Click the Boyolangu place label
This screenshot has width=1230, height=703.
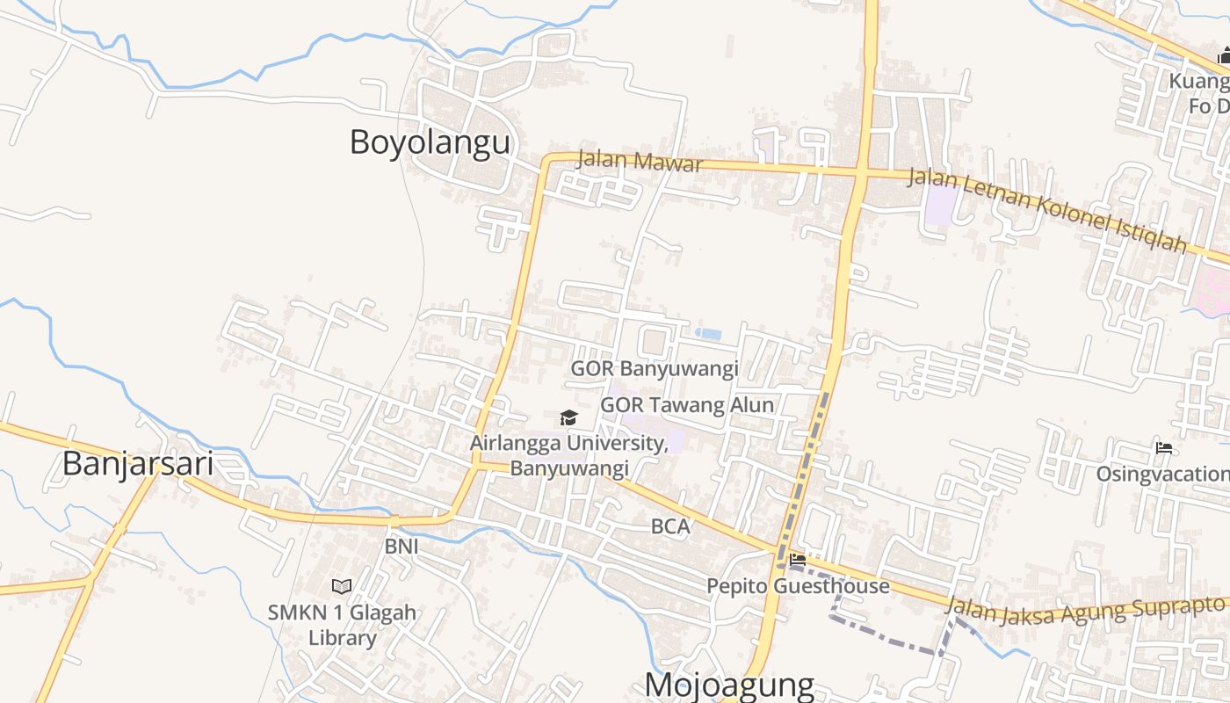point(430,141)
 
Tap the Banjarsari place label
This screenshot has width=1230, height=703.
point(137,463)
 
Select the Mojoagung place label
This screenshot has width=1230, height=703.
point(729,685)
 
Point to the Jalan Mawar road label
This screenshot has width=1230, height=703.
point(640,163)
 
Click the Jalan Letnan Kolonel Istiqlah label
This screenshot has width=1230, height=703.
point(1046,209)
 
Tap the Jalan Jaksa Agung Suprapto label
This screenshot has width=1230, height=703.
point(1086,609)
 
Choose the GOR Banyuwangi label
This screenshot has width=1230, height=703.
point(655,368)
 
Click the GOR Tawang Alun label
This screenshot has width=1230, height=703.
point(687,405)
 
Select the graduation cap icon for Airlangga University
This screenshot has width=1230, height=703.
point(568,417)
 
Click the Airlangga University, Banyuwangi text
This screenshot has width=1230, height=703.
point(569,455)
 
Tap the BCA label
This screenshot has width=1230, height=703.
point(670,527)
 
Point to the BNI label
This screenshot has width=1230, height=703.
point(402,547)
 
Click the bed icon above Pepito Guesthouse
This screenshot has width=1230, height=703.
point(798,559)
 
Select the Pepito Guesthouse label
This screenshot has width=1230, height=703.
point(798,586)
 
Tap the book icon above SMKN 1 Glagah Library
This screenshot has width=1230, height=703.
point(342,586)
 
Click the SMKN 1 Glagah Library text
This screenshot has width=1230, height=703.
point(342,625)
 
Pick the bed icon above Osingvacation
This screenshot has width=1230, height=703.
point(1164,448)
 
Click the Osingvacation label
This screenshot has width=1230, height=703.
point(1162,475)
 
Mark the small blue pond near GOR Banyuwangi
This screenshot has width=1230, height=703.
point(708,334)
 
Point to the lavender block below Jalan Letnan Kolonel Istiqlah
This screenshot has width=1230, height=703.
point(941,204)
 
